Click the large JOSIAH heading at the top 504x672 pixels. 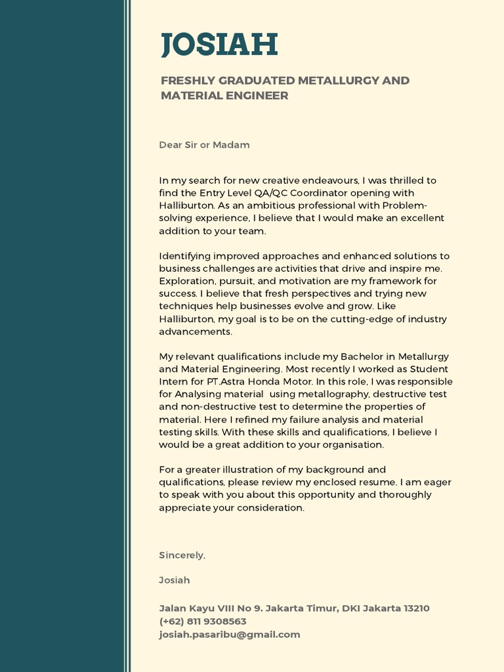coord(219,45)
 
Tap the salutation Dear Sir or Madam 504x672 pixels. coord(204,144)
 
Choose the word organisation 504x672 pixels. coord(352,444)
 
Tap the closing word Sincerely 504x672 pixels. coord(182,555)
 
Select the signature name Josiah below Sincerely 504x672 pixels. coord(175,580)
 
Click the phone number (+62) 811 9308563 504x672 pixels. coord(203,621)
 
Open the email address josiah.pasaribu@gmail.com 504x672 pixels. coord(230,635)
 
